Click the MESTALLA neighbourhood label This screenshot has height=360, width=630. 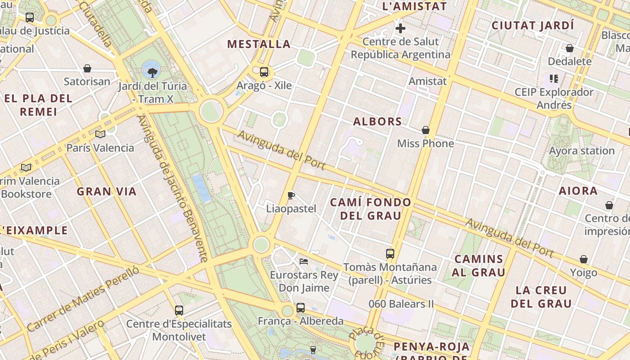point(259,44)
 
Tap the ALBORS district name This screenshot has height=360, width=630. point(377,121)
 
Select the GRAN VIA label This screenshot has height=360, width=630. point(106,192)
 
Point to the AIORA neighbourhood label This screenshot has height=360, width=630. point(578,191)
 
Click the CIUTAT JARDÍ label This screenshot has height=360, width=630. point(533,26)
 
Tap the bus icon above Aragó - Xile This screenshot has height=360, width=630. point(264,72)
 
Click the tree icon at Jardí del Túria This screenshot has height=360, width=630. point(153,72)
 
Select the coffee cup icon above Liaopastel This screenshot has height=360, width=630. point(291,195)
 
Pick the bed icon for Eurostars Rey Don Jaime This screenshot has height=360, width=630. point(304,261)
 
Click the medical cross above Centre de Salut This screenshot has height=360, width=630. point(400,29)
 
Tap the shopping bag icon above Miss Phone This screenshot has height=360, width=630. point(426,130)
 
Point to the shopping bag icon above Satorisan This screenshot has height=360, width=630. point(87,68)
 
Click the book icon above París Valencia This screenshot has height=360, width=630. point(100,134)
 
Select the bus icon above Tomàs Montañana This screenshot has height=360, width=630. point(390,253)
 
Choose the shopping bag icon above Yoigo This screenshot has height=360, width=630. point(584,259)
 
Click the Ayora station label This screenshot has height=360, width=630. point(581,151)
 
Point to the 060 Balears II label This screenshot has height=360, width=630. point(401,304)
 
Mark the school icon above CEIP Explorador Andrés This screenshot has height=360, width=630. point(554,79)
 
